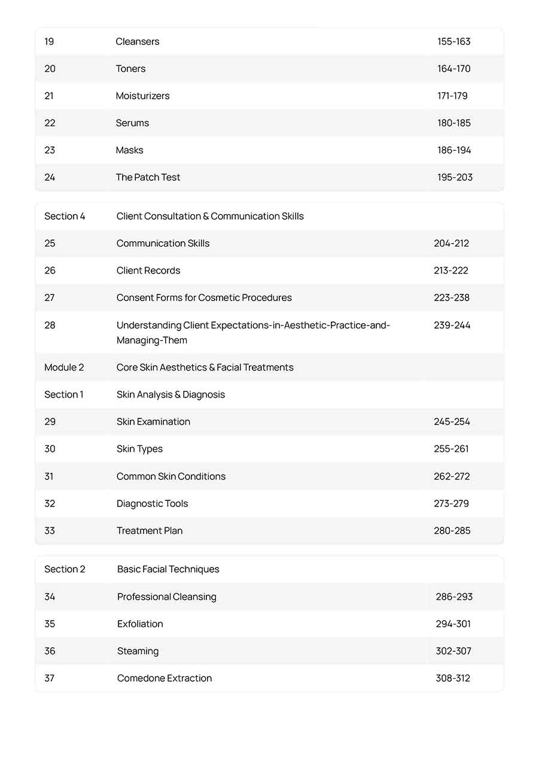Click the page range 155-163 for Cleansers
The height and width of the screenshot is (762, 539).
point(453,41)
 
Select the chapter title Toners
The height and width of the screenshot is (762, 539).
point(130,69)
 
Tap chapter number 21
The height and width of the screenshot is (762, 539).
point(50,96)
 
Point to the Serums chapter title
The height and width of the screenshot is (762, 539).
point(132,123)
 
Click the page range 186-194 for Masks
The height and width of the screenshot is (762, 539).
point(454,150)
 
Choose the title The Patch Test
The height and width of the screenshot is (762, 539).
point(148,177)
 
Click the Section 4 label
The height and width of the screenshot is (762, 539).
point(65,216)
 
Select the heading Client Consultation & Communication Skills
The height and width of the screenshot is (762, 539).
point(210,216)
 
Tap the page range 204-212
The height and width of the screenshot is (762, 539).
point(451,244)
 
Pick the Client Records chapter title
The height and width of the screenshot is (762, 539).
point(148,271)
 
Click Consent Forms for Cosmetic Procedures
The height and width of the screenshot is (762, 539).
point(204,297)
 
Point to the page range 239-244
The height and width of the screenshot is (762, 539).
point(452,325)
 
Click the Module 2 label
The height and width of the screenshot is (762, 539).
point(64,368)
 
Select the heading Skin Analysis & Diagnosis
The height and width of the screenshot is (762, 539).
point(170,394)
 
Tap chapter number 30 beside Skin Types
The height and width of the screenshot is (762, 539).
point(50,449)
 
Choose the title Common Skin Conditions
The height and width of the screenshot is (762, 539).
point(171,476)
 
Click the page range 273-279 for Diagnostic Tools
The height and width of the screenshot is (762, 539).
point(451,503)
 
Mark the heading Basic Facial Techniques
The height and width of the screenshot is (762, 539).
point(168,569)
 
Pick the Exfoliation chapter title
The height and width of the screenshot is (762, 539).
point(140,624)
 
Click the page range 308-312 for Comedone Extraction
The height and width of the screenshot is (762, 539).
point(453,678)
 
